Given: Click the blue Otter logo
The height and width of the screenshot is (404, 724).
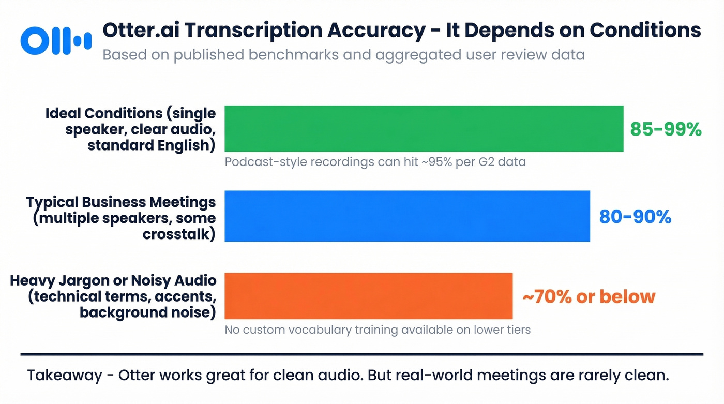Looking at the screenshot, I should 55,40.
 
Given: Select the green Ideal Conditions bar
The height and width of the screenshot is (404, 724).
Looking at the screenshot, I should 424,129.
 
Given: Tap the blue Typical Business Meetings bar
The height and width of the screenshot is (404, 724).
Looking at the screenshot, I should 407,216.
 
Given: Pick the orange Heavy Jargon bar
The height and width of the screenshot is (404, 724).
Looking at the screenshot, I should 368,296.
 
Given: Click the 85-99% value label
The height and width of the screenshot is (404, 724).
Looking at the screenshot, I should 666,129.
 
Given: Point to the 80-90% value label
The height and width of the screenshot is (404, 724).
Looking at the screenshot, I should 635,217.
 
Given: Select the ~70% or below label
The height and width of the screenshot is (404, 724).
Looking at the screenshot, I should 589,296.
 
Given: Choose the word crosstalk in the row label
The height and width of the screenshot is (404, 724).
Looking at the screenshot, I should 179,234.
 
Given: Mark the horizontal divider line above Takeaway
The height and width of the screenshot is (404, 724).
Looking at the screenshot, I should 362,355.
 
